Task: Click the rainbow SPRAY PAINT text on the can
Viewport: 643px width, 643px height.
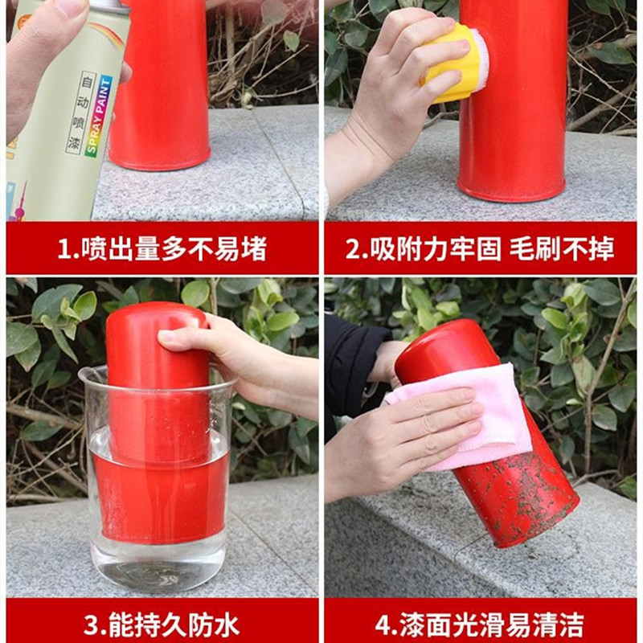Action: pyautogui.click(x=99, y=117)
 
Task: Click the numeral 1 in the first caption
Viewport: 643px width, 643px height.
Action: pyautogui.click(x=64, y=248)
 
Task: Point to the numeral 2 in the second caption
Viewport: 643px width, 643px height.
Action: pyautogui.click(x=353, y=248)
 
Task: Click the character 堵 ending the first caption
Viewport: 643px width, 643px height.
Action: pyautogui.click(x=254, y=248)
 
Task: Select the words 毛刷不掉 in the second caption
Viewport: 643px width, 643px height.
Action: pyautogui.click(x=562, y=248)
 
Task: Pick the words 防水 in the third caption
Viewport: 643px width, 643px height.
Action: pyautogui.click(x=213, y=625)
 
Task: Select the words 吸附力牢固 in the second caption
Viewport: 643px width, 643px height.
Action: pyautogui.click(x=436, y=248)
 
